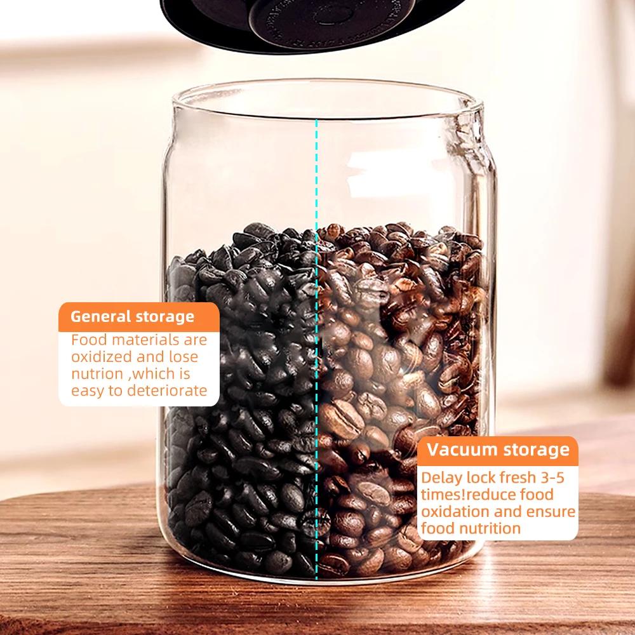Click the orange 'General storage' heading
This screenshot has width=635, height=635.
pos(132,316)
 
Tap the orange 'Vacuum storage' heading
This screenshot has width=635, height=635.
pos(498,450)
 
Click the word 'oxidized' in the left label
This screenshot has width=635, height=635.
pos(101,357)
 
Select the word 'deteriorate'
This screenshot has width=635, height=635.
pos(167,390)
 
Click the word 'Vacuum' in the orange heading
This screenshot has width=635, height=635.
pos(461,450)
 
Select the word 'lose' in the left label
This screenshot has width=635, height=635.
pos(184,357)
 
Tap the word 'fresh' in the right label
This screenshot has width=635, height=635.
pos(512,478)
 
